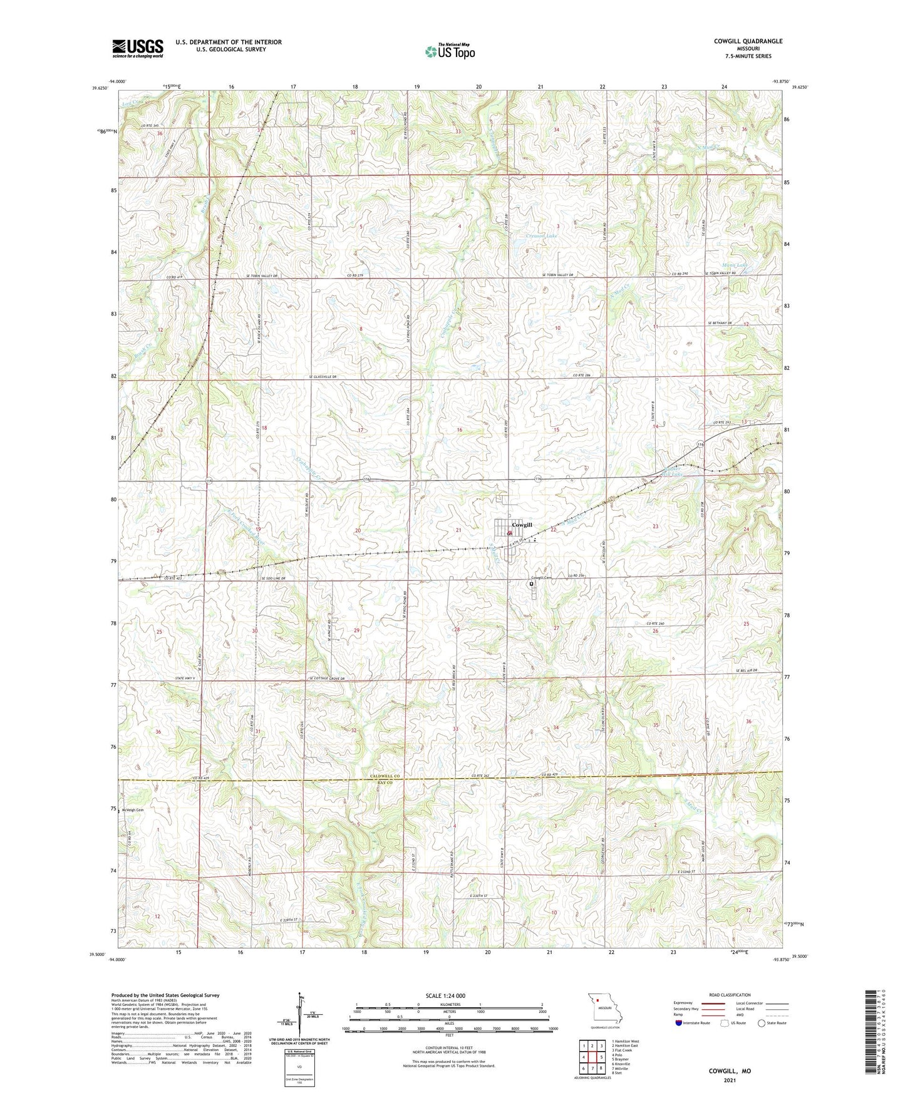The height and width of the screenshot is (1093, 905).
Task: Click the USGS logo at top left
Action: pos(137,48)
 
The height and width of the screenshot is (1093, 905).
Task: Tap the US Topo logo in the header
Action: pos(449,51)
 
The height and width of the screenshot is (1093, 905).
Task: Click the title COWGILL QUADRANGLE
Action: pos(748,41)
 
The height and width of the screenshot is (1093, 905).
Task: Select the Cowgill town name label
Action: pos(522,525)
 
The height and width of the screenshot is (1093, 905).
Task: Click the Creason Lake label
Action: pos(540,236)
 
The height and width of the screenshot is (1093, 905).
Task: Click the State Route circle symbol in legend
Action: pos(761,1023)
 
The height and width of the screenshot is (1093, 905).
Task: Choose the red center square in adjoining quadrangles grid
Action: pos(597,1052)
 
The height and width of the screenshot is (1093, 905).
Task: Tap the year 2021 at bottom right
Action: pos(730,1080)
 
